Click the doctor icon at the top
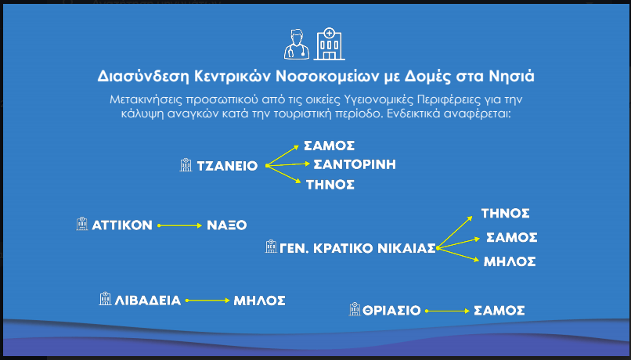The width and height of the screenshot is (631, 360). click(x=297, y=45)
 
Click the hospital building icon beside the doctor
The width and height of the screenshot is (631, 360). click(x=329, y=45)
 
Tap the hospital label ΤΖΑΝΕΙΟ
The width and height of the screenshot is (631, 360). click(x=227, y=166)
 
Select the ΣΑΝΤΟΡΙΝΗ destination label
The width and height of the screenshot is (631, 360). click(x=355, y=164)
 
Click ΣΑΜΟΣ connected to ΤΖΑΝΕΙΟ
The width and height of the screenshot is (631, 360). click(x=329, y=146)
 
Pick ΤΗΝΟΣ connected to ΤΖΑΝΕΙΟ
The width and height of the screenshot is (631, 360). click(x=330, y=185)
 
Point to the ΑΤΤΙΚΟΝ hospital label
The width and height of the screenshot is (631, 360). click(x=122, y=225)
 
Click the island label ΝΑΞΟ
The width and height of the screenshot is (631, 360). click(x=226, y=225)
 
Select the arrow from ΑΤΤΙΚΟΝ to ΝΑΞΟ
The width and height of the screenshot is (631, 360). click(x=180, y=225)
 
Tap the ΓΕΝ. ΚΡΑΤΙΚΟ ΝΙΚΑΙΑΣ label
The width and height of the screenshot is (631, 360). click(x=357, y=249)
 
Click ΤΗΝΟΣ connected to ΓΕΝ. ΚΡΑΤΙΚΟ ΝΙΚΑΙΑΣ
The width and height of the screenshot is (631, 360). click(x=506, y=213)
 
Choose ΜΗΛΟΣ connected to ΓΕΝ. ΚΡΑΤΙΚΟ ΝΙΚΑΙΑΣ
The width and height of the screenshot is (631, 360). click(x=510, y=262)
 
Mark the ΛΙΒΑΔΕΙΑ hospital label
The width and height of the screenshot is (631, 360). click(x=148, y=301)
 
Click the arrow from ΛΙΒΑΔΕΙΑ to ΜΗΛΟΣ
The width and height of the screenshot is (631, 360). click(x=207, y=301)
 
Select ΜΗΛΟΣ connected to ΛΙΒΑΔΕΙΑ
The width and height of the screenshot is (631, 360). click(x=260, y=301)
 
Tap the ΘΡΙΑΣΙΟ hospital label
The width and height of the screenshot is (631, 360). click(x=386, y=311)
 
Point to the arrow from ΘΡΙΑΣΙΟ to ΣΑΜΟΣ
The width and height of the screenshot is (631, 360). click(x=448, y=311)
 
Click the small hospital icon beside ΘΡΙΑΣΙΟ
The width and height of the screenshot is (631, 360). click(x=355, y=309)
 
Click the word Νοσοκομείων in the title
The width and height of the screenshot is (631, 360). click(x=326, y=77)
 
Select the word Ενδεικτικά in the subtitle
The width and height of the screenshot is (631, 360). click(x=413, y=113)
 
